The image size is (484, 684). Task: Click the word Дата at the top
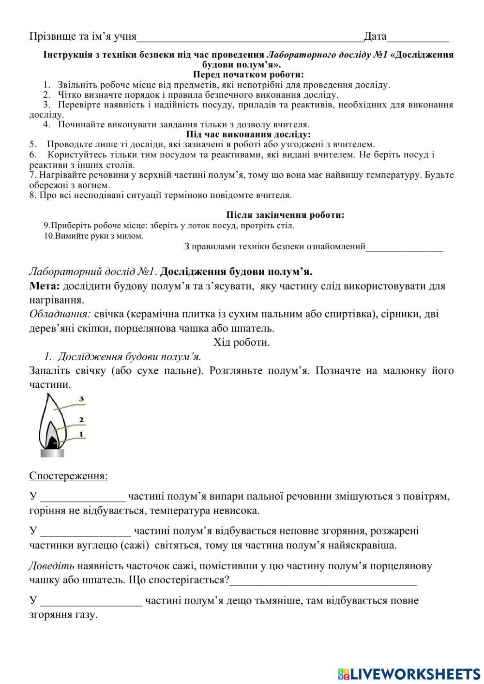(x=375, y=36)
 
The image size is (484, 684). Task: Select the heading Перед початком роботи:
(x=248, y=75)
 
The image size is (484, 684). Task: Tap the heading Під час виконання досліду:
(x=248, y=134)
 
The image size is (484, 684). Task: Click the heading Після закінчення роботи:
(x=285, y=215)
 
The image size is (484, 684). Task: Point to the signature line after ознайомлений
(x=404, y=248)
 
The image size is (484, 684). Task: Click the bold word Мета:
(x=45, y=286)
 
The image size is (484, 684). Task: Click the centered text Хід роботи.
(x=242, y=342)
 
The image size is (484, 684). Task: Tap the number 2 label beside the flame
(x=82, y=420)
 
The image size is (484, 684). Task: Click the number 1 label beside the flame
(x=81, y=434)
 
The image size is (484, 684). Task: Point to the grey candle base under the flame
(x=51, y=453)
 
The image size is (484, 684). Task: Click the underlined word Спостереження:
(x=68, y=476)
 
